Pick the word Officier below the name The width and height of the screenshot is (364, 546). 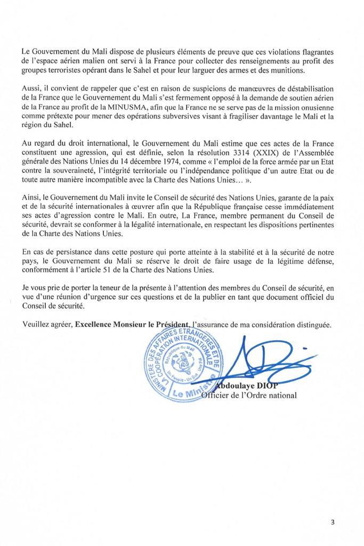216,396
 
